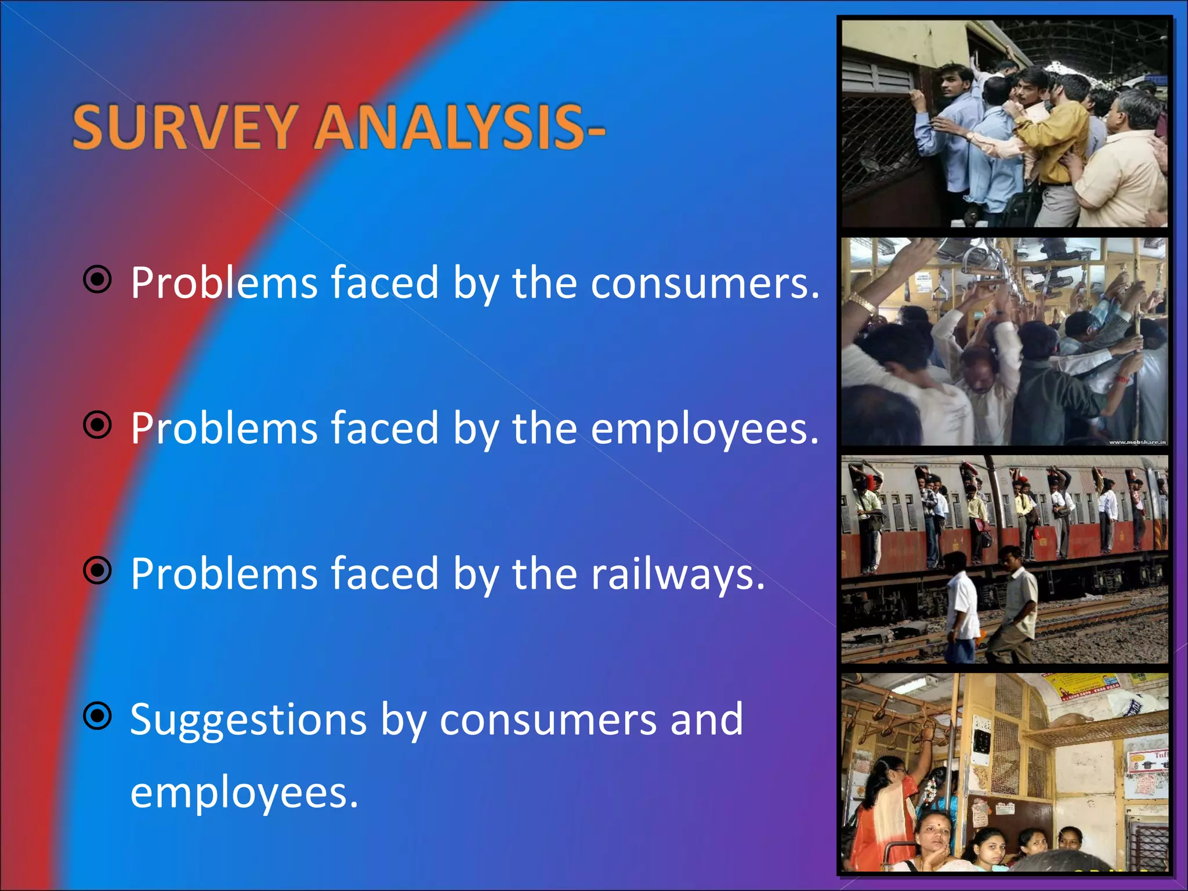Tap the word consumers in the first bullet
coord(705,283)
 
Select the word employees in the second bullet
coord(704,429)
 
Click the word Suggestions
coord(248,720)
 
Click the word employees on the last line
coord(244,794)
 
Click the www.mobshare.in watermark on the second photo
coord(1137,442)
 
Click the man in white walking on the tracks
coord(963,609)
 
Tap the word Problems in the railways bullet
coord(224,574)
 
